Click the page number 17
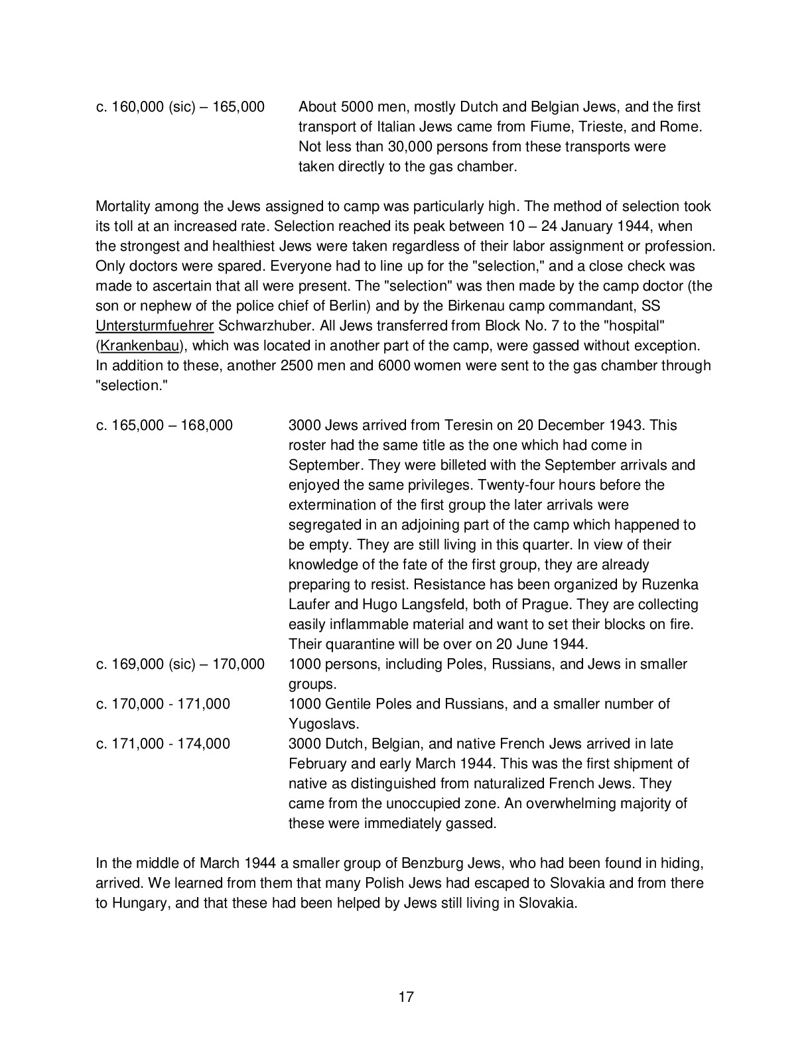406,996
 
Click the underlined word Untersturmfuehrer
155,326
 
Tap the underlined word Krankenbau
139,346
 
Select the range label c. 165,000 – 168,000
165,425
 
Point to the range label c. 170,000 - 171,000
163,704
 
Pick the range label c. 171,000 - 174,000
163,744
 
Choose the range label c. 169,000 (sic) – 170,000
180,664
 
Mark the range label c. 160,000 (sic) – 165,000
180,107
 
